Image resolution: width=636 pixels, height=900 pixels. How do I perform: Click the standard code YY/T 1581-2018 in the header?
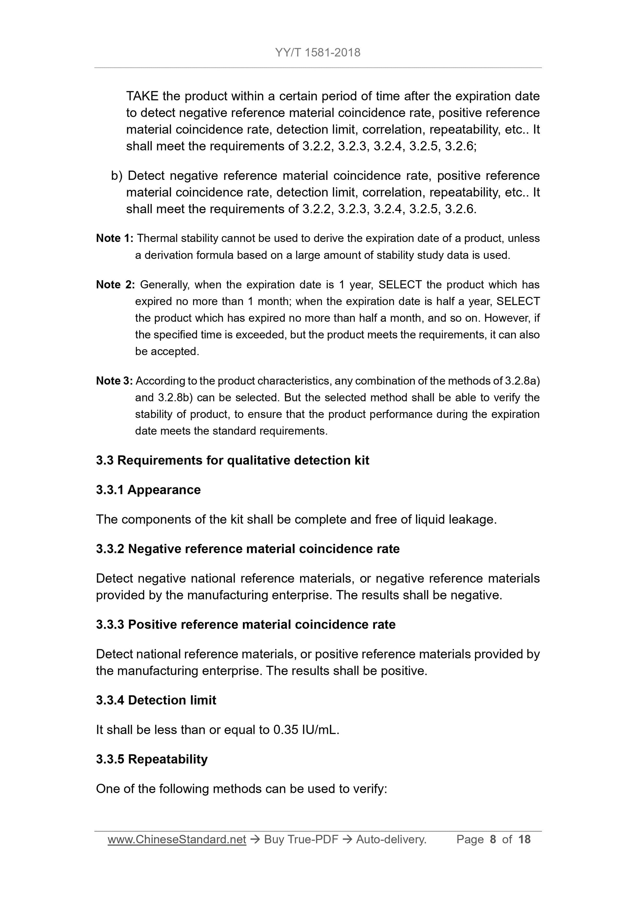[317, 53]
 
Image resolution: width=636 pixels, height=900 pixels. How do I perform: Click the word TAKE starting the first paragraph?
[142, 96]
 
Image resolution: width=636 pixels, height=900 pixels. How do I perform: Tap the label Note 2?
[115, 285]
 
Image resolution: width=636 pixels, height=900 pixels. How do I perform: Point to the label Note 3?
[114, 381]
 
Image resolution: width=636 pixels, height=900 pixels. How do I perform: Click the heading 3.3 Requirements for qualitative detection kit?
[232, 460]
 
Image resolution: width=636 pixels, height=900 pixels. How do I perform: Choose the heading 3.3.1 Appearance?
[148, 490]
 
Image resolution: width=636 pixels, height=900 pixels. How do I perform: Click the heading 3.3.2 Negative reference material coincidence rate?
[248, 549]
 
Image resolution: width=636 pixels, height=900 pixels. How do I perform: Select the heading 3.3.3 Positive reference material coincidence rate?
[246, 624]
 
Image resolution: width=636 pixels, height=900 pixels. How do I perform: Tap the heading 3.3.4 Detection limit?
[156, 700]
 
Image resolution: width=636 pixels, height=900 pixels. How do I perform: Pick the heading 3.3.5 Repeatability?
[152, 759]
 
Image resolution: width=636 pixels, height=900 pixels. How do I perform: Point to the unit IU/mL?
[319, 730]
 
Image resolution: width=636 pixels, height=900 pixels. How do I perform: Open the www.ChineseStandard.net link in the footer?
[177, 839]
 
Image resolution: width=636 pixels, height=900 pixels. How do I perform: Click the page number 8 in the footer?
[493, 839]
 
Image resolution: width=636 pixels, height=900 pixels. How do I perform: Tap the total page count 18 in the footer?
[524, 839]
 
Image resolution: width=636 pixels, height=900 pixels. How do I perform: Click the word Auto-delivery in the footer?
[390, 839]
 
